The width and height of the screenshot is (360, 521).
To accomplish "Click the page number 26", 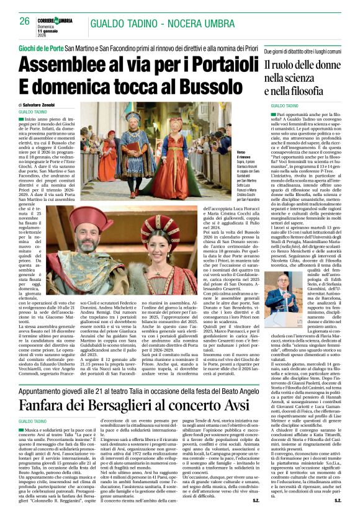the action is [x=25, y=20].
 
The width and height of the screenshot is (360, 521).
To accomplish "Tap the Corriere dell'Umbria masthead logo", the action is [x=57, y=20].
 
